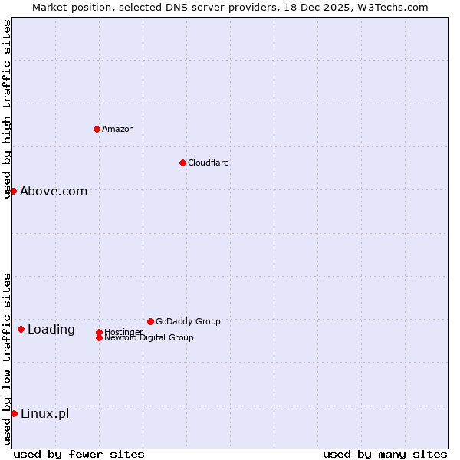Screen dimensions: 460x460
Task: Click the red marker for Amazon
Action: pos(97,129)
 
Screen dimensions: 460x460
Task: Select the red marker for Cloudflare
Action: pos(182,163)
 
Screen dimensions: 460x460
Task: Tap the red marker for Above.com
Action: pos(13,191)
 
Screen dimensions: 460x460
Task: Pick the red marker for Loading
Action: pos(21,329)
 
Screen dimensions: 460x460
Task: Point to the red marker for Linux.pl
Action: pos(14,413)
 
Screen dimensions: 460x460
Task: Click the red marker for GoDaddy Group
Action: pos(150,321)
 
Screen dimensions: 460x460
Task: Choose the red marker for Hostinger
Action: pos(99,332)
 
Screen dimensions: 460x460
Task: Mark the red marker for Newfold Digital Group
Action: pos(99,337)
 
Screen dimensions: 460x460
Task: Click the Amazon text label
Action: pos(118,129)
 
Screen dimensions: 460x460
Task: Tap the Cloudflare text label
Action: pos(209,163)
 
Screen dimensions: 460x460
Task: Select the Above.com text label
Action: pos(54,192)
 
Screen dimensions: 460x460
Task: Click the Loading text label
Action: pos(51,330)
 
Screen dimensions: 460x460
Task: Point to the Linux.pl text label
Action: pos(44,414)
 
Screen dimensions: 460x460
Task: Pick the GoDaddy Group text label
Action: pos(188,321)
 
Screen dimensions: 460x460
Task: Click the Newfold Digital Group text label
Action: pos(149,338)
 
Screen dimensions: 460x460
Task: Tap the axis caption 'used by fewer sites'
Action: pos(79,454)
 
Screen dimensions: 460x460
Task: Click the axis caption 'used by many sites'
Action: pos(385,454)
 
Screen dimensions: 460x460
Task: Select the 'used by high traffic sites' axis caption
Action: pos(7,109)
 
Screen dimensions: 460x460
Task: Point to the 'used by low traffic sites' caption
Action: pos(7,359)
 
